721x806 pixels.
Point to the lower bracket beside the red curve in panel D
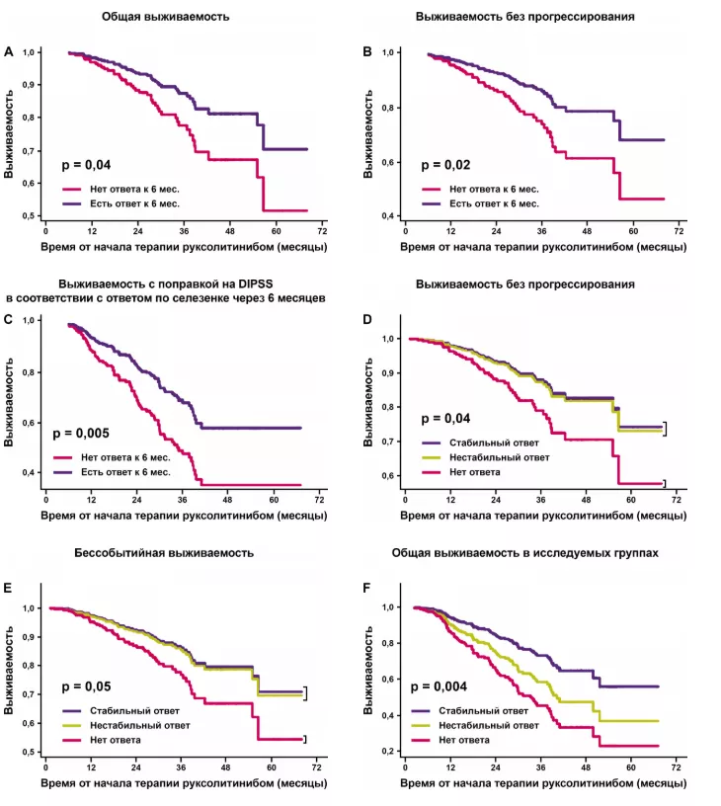click(665, 483)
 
